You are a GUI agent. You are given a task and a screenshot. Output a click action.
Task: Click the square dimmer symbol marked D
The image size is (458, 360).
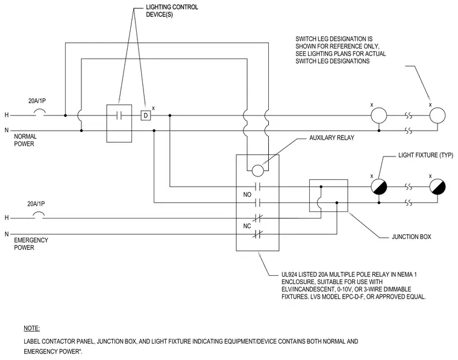[x=145, y=116]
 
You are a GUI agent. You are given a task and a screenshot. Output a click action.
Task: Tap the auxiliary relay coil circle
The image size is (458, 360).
[x=258, y=170]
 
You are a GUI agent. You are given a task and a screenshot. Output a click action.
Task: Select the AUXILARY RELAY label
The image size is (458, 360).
[x=331, y=138]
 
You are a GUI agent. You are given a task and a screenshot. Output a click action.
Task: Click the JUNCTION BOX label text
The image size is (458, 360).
[x=411, y=237]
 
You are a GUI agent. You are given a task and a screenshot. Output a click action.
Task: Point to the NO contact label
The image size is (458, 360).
[x=247, y=194]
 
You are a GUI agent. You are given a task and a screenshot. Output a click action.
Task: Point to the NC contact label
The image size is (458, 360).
[x=247, y=226]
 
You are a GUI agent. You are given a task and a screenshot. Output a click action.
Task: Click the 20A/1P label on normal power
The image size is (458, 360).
[x=37, y=101]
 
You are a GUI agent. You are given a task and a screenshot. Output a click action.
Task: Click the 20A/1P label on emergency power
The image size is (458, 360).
[x=36, y=204]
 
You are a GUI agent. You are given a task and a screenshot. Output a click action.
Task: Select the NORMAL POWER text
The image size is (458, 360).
[x=25, y=140]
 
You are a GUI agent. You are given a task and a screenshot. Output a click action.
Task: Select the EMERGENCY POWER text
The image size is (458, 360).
[x=31, y=244]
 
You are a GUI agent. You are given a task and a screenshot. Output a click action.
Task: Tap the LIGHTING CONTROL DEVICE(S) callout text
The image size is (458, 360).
[x=172, y=11]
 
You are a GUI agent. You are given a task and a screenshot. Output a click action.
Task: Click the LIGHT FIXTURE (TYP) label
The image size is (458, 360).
[x=425, y=155]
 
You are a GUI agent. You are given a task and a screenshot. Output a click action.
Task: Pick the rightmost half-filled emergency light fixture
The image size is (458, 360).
[x=438, y=187]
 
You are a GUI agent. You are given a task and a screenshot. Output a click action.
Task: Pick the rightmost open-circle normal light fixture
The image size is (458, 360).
[x=438, y=116]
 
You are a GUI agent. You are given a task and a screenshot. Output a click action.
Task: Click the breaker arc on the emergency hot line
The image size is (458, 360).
[x=39, y=215]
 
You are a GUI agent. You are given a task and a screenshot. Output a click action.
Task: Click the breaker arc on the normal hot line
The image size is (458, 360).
[x=39, y=112]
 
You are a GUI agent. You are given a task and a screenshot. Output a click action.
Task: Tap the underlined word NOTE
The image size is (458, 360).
[x=31, y=329]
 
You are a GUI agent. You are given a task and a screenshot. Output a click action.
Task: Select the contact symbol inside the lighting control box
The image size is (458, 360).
[x=119, y=116]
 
